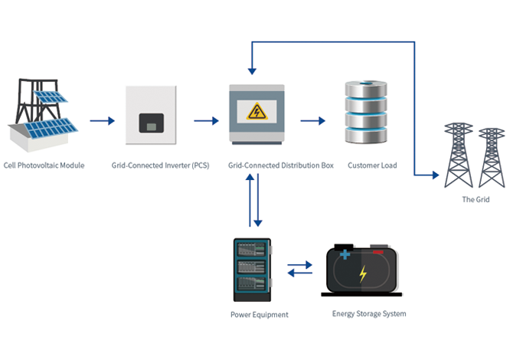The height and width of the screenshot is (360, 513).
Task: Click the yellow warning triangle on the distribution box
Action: pos(256,112)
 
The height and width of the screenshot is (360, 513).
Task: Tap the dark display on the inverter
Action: pos(151,123)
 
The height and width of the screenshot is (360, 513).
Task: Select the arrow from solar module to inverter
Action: pos(103,121)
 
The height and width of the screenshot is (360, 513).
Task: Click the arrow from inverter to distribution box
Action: pos(206,121)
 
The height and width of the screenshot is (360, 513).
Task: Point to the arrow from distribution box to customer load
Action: pos(312,121)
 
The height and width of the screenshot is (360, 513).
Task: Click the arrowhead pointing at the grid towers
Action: pos(436,175)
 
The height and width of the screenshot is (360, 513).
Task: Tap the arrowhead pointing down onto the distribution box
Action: pos(252,71)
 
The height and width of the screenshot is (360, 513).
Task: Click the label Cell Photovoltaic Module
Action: pos(44,165)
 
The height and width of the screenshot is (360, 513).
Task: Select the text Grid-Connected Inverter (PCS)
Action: pos(160,165)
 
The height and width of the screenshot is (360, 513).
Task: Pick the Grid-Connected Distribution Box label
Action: pos(281,165)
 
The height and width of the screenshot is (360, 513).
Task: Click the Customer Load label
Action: pos(372,165)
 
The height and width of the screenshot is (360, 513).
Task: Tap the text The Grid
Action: pos(475,199)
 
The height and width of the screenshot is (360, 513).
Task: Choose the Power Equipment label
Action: pos(260,315)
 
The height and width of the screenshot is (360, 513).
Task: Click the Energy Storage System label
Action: pos(369,313)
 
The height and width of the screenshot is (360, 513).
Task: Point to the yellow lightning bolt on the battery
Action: pos(363,273)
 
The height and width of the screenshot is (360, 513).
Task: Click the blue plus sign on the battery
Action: pos(345,254)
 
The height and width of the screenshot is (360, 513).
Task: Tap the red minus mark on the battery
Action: pos(378,252)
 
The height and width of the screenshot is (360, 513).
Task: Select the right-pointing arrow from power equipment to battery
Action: pos(299,264)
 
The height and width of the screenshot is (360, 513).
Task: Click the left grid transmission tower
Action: pos(459,155)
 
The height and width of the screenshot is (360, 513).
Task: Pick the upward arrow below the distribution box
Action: pos(250,200)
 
